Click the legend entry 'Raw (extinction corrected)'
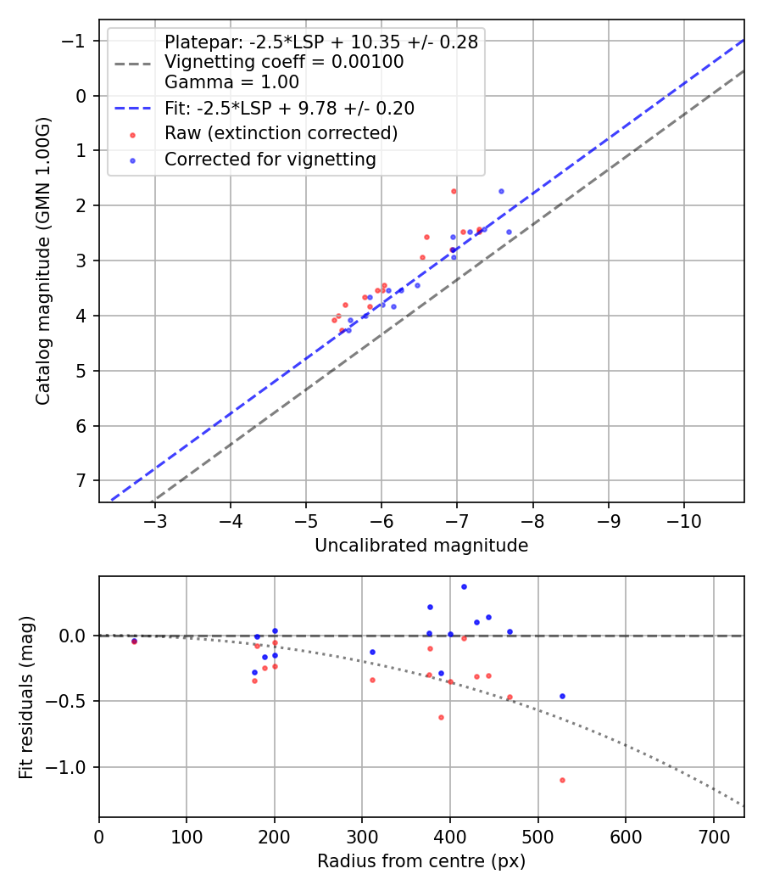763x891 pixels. point(281,133)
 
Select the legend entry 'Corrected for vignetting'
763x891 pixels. point(270,159)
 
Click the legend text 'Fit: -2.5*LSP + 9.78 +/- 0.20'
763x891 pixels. point(289,108)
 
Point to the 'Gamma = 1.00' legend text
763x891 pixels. point(231,82)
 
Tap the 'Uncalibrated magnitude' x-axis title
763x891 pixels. point(421,546)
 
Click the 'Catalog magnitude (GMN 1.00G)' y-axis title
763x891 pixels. point(43,261)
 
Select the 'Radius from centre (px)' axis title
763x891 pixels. point(421,861)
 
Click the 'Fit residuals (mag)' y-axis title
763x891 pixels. point(26,697)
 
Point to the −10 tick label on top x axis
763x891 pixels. point(684,520)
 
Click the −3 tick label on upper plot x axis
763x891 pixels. point(155,520)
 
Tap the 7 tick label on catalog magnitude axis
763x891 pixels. point(81,481)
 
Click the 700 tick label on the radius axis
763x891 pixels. point(713,836)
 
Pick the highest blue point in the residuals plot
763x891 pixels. point(464,586)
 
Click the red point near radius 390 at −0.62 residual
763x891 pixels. point(441,717)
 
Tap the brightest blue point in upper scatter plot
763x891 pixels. point(501,192)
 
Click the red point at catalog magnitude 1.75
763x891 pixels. point(454,192)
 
